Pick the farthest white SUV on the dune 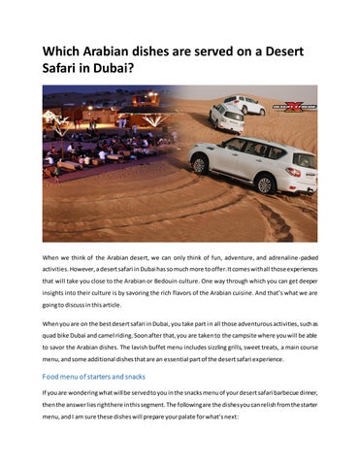243,104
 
